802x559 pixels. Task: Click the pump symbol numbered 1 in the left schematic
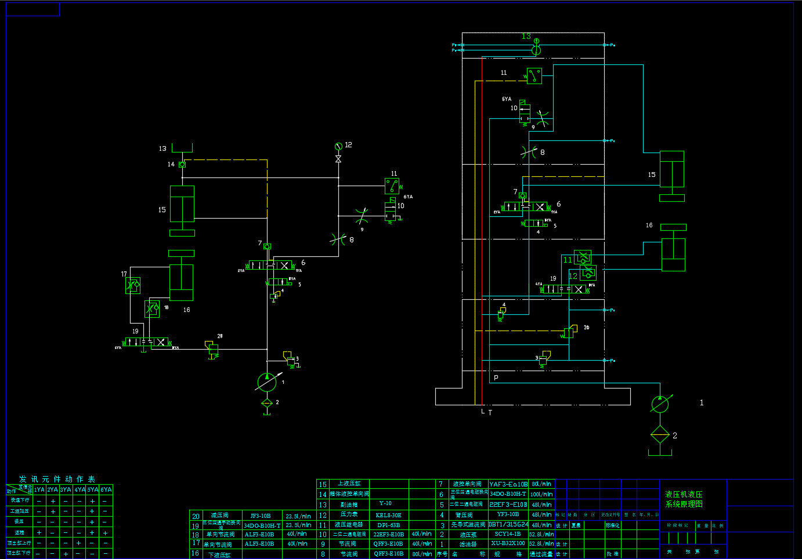click(266, 382)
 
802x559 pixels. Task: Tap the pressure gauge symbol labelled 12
click(338, 146)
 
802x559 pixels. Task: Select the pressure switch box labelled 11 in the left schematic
click(392, 186)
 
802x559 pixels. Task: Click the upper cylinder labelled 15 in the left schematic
click(182, 204)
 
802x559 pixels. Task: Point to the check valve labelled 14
click(182, 165)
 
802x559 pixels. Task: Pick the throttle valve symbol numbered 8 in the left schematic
click(338, 238)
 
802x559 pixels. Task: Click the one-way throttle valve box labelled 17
click(133, 285)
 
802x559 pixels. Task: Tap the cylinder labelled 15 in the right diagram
click(672, 169)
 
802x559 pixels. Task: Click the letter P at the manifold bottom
click(496, 377)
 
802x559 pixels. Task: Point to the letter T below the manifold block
click(490, 413)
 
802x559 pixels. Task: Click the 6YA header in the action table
click(106, 490)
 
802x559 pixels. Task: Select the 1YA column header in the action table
click(39, 490)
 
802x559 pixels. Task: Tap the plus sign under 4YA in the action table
click(79, 543)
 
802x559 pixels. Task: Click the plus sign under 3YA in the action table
click(66, 553)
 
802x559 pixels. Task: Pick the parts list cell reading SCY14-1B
click(508, 534)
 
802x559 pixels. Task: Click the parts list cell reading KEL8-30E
click(388, 515)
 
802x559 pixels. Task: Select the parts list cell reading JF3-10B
click(261, 516)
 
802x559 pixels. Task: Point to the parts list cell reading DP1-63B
click(388, 525)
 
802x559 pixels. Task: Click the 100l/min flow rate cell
click(541, 495)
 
